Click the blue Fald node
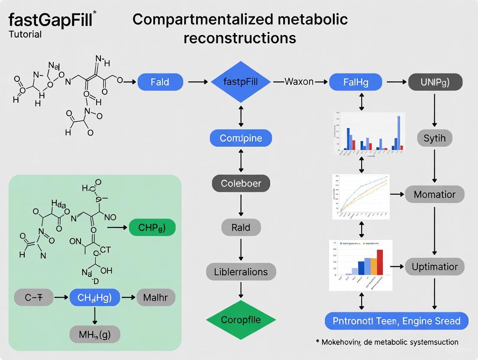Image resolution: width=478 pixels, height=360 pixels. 160,82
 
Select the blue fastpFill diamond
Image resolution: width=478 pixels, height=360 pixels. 241,82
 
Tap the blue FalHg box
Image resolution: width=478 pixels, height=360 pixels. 356,82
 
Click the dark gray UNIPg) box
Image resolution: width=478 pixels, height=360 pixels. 435,82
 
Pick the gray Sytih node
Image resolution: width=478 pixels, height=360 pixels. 435,138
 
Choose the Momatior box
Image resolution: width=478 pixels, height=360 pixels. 434,194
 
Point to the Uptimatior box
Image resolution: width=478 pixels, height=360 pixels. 434,267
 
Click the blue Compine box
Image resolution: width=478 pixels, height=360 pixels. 241,138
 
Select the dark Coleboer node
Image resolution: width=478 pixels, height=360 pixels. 241,183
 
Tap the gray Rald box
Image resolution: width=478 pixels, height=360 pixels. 241,227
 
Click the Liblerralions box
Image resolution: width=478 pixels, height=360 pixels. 241,272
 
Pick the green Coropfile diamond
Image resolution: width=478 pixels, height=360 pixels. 241,320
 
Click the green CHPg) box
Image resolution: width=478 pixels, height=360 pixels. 152,227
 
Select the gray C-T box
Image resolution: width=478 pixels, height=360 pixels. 33,297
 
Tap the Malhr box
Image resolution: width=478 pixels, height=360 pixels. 155,297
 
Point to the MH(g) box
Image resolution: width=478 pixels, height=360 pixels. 94,334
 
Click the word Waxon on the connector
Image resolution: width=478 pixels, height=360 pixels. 299,82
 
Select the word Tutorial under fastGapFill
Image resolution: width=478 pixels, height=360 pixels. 25,35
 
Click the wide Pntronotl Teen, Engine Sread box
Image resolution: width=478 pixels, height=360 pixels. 396,321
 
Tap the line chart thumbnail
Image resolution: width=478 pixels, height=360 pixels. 361,197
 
